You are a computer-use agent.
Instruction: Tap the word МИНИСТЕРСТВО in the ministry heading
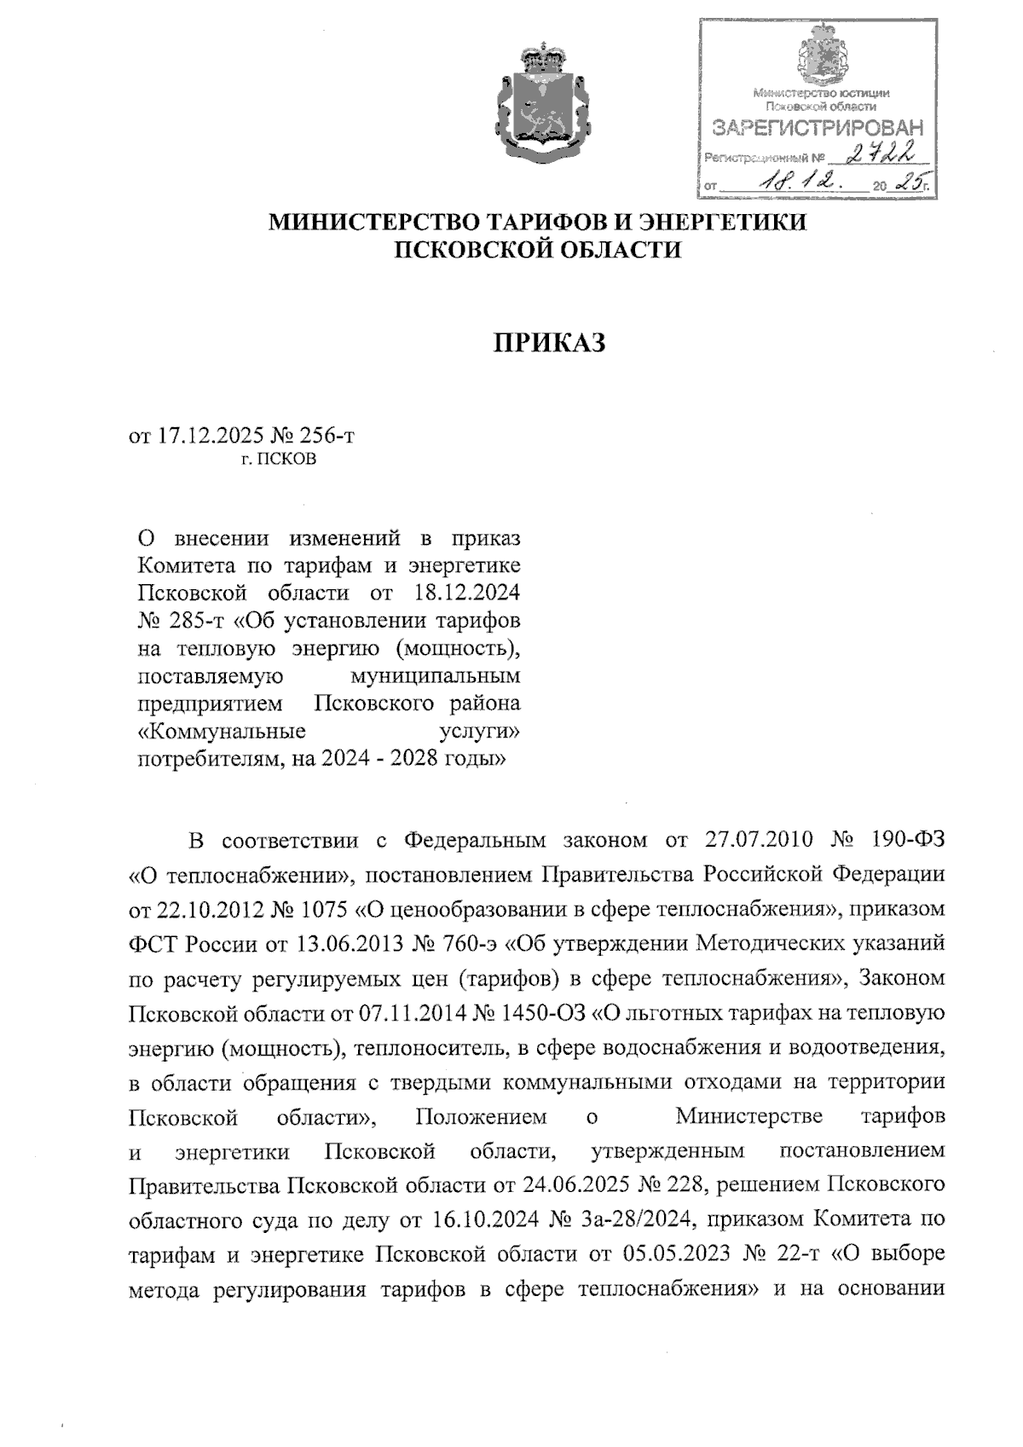tap(375, 223)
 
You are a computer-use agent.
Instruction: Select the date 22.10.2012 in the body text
tap(195, 910)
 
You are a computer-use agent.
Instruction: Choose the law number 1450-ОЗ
tap(538, 1013)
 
